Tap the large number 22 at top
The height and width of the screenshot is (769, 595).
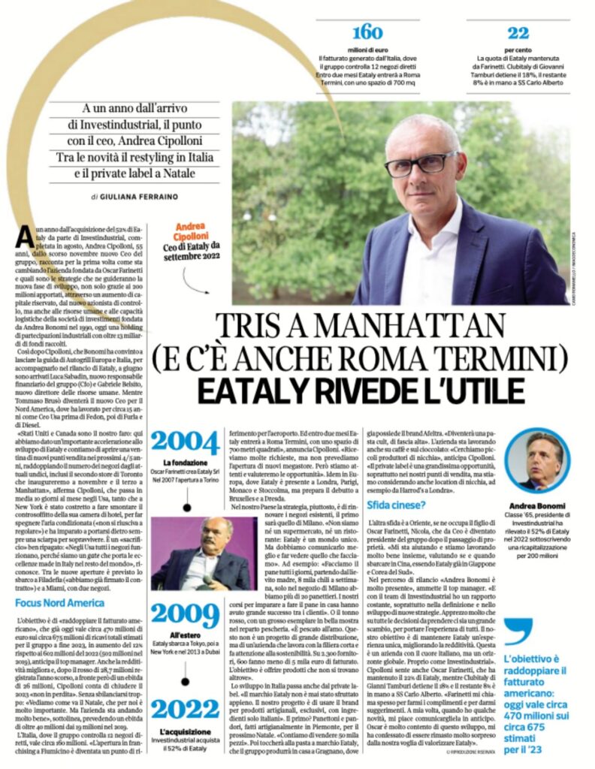(x=518, y=32)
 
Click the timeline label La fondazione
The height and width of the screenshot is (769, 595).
(x=186, y=461)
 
